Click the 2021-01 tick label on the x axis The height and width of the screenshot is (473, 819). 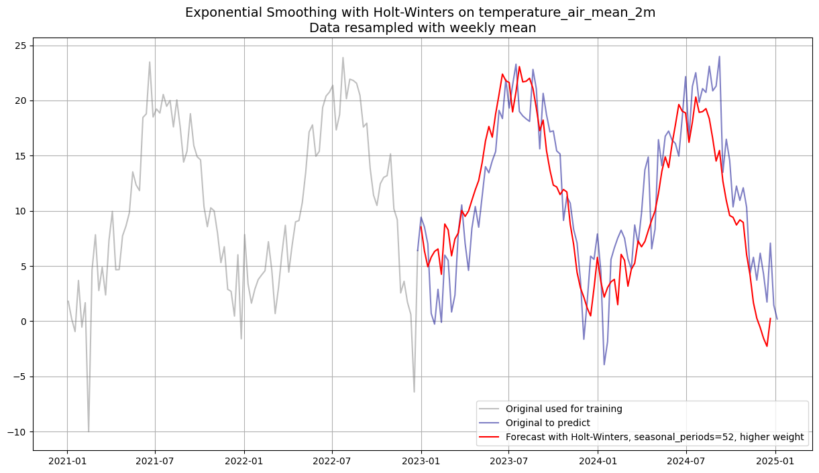click(x=67, y=461)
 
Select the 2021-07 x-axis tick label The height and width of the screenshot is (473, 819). click(x=155, y=461)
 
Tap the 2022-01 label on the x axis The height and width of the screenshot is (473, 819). click(x=244, y=461)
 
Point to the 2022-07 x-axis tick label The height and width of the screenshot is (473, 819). click(x=332, y=461)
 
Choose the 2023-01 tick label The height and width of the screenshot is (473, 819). click(x=421, y=461)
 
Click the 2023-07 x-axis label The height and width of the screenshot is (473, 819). click(x=509, y=461)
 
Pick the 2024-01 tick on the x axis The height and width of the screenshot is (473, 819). click(x=598, y=461)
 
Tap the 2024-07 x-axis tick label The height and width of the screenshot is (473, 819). click(x=686, y=461)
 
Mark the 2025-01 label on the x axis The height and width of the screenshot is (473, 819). click(x=775, y=461)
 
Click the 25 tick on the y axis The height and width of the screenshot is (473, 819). click(x=20, y=46)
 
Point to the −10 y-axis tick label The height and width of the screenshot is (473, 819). click(x=17, y=432)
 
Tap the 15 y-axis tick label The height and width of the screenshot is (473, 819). click(x=20, y=156)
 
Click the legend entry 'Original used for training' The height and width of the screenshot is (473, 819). click(x=563, y=409)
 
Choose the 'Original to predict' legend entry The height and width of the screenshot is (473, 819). click(x=547, y=423)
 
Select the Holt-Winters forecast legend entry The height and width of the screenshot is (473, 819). click(x=654, y=437)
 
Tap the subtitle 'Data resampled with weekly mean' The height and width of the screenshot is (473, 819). click(x=422, y=28)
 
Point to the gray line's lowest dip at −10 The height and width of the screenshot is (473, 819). click(x=88, y=431)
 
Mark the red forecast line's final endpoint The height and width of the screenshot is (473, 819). click(x=770, y=319)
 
